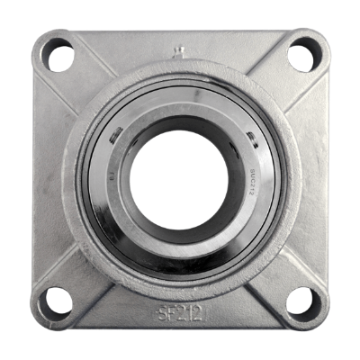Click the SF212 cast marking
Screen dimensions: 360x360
(181, 315)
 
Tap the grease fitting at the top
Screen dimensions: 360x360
(179, 51)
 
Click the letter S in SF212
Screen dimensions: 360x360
(163, 315)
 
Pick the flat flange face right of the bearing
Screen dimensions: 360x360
(310, 180)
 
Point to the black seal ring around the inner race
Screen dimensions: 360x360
(180, 262)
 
